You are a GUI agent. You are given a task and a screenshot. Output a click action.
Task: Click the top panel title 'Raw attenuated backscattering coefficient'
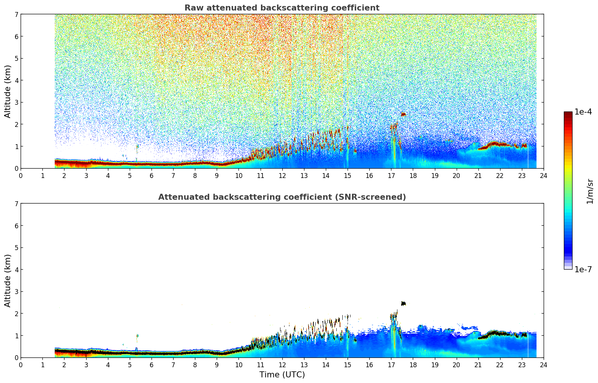point(282,8)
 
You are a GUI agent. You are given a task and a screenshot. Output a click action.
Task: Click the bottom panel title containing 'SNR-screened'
point(282,197)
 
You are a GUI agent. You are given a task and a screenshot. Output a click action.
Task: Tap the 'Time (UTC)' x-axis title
point(282,374)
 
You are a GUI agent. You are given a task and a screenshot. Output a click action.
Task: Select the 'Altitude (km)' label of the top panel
point(8,91)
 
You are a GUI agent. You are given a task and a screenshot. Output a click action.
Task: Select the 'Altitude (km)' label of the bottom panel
point(8,280)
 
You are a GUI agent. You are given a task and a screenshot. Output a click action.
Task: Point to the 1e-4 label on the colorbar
point(583,112)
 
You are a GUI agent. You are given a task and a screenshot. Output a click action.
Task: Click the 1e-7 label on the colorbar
point(583,269)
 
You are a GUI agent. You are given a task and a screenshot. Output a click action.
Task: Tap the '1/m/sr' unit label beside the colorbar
point(590,191)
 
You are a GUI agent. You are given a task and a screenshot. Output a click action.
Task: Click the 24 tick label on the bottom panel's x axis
point(544,365)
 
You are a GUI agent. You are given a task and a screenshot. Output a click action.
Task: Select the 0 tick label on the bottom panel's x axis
point(21,365)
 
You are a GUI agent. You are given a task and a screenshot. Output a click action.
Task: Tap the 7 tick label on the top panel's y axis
point(16,14)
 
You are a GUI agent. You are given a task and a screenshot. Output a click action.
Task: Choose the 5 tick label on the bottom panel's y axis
point(16,247)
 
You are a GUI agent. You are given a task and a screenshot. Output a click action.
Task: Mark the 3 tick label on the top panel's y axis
point(16,102)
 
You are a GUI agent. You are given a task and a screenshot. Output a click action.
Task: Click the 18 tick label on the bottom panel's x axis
point(413,365)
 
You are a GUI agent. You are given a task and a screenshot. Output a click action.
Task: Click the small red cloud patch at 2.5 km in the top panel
point(403,114)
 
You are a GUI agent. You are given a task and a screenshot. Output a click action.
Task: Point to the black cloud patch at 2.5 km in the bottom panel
point(403,303)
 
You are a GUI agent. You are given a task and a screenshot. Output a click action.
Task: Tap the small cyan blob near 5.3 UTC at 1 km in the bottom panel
point(138,336)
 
